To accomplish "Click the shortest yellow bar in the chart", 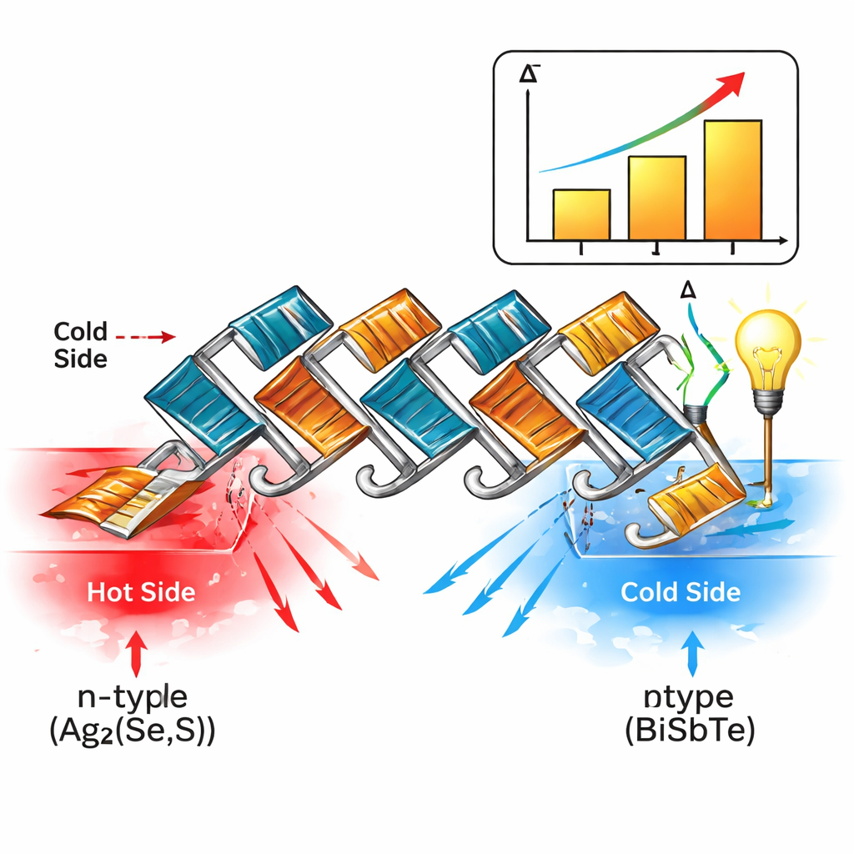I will pos(581,214).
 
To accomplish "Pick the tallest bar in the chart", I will pos(732,180).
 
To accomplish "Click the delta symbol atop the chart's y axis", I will pos(527,74).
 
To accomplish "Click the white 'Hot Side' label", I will pos(140,593).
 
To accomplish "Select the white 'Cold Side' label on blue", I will pos(681,593).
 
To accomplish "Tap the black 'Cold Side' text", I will pos(80,344).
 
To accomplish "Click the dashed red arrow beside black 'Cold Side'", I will pos(146,337).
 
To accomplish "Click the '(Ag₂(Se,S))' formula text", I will pos(129,733).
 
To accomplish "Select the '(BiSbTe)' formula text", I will pos(690,733).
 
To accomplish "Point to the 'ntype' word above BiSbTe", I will pos(689,697).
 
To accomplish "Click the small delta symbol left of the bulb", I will pos(688,289).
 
